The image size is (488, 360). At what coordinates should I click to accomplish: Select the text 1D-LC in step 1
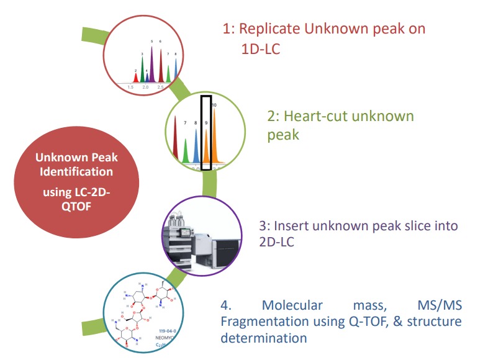pos(261,48)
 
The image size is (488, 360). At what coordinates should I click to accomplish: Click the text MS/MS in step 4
pos(441,305)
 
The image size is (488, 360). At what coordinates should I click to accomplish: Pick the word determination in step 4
pos(264,338)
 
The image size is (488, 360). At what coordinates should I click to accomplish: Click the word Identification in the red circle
pos(76,171)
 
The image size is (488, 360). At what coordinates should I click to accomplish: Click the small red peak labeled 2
pos(136,77)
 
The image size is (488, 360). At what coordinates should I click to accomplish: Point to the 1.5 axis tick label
pos(131,88)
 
